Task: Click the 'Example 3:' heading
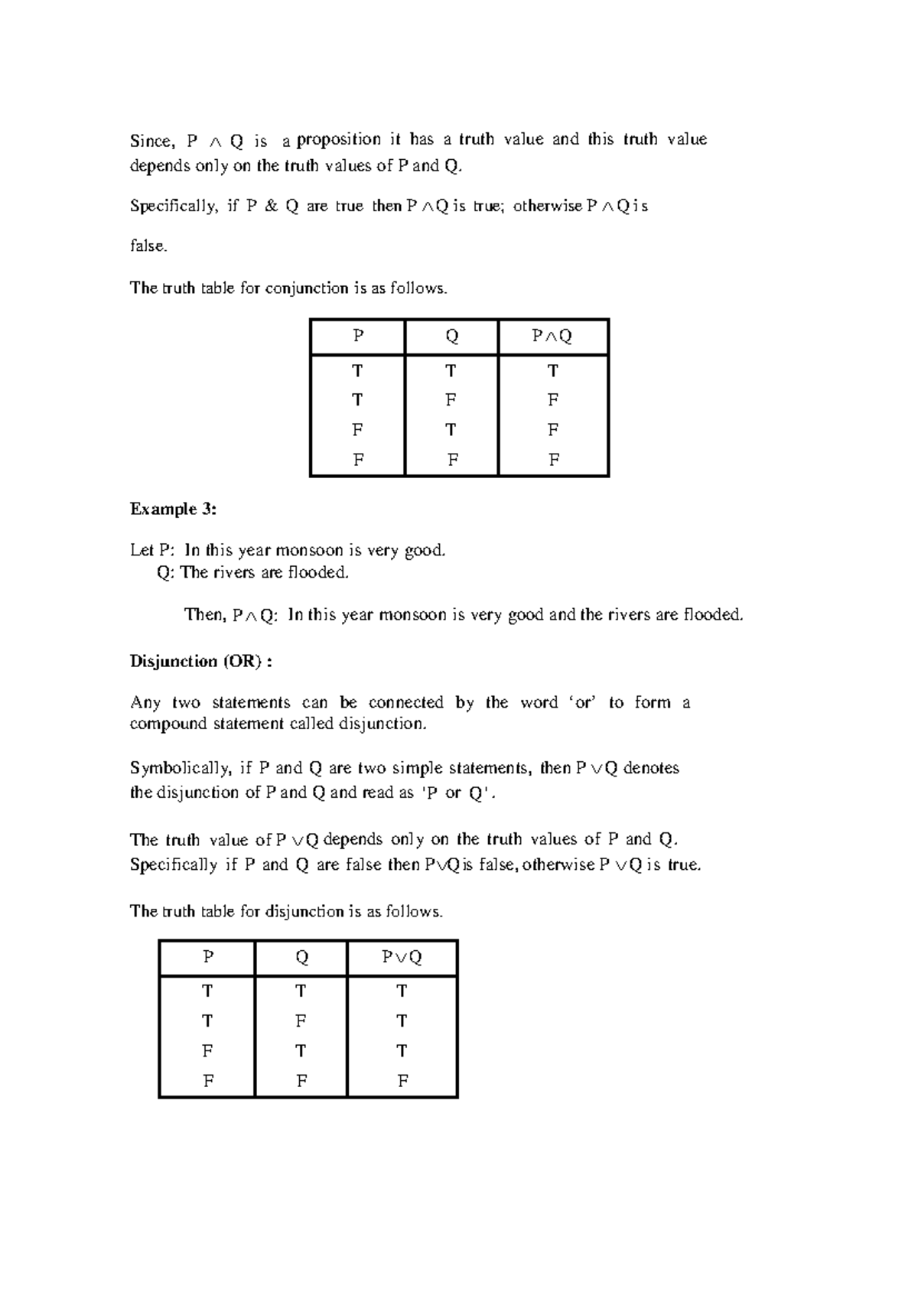(173, 509)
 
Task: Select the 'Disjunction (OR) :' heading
(201, 661)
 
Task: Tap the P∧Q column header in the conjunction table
(552, 336)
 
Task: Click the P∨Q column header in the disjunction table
(402, 957)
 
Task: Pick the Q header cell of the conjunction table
(451, 336)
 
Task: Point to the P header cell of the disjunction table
(207, 957)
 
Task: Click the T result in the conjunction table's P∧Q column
(552, 371)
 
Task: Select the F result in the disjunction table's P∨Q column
(402, 1080)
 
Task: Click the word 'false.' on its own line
(148, 246)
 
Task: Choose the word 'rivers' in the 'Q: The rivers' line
(233, 572)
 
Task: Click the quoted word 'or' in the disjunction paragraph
(584, 702)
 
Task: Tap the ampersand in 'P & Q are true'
(271, 206)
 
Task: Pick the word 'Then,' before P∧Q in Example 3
(205, 614)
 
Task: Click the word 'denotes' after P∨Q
(651, 767)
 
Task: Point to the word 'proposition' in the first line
(339, 139)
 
